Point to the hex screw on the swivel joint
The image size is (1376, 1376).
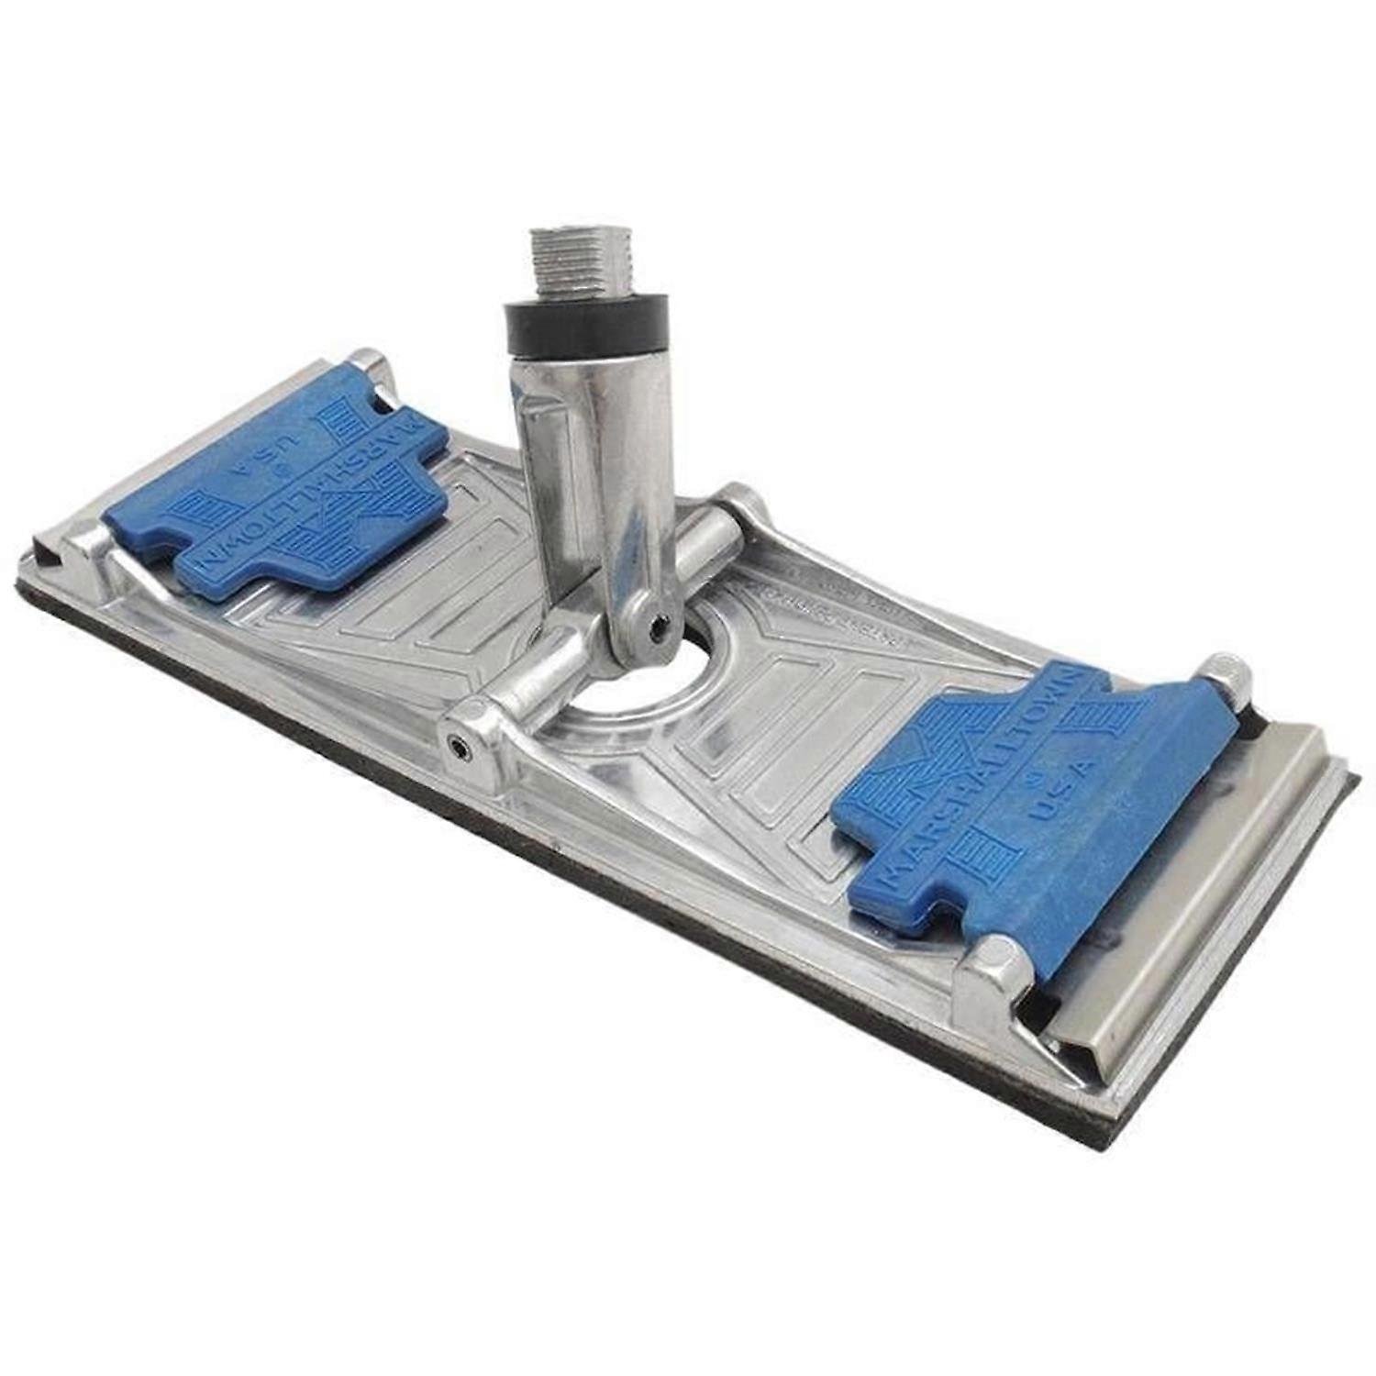coord(658,627)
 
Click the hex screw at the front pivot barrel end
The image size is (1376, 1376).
coord(456,745)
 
